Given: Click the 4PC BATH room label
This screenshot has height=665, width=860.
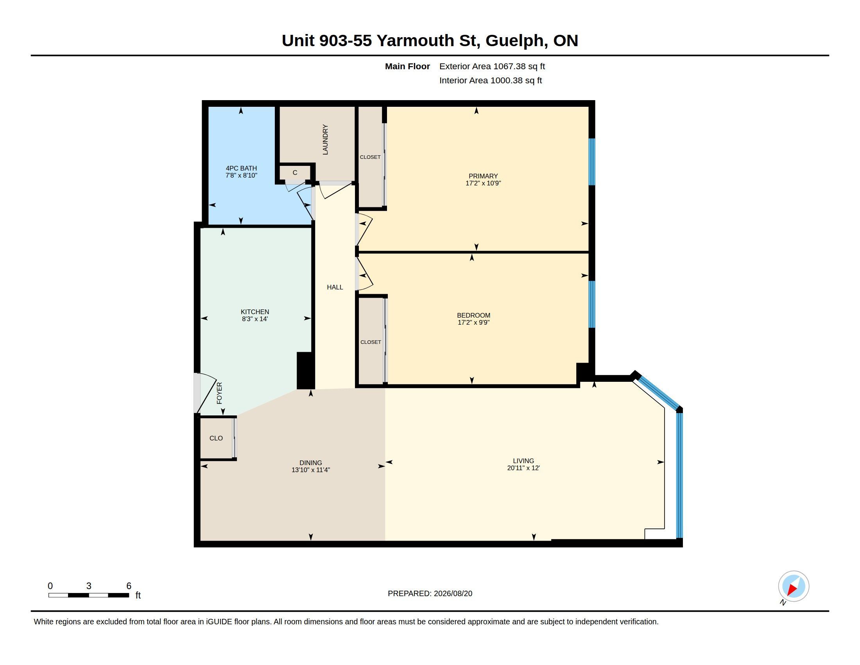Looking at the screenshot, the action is [241, 168].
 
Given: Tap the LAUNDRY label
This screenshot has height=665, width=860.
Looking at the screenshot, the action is [325, 140].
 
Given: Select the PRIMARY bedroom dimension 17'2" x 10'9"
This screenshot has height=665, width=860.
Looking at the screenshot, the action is [483, 183].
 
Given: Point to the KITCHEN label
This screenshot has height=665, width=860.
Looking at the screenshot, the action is [255, 312].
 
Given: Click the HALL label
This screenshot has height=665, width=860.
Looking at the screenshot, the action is [335, 287].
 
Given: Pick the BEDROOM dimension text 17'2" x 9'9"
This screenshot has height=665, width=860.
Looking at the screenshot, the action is [473, 322].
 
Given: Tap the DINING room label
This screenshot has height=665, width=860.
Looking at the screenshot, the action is [311, 463].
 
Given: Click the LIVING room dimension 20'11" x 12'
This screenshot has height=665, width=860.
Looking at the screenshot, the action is [523, 468].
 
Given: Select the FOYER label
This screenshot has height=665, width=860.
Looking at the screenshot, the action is [219, 393].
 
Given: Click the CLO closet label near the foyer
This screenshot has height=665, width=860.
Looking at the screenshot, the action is [216, 438].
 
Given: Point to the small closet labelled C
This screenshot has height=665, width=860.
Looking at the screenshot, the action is [295, 173].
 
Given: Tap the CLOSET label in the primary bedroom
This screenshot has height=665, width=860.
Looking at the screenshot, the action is [370, 157].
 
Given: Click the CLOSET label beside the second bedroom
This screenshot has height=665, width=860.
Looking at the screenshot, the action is [371, 342].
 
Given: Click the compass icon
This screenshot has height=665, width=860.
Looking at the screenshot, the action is [794, 586].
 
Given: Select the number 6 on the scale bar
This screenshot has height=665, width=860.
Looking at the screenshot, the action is [129, 586].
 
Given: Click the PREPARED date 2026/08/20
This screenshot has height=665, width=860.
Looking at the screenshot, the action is [453, 594].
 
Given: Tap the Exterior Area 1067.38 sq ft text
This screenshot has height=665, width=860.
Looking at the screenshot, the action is [492, 66].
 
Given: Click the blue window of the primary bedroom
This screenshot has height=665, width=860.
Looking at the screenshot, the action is [591, 162].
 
